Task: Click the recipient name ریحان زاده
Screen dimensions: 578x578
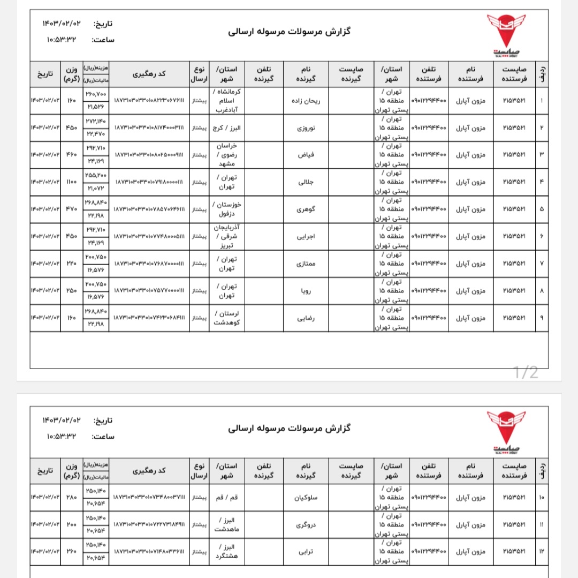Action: [x=305, y=101]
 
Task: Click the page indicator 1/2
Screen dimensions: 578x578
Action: [x=525, y=372]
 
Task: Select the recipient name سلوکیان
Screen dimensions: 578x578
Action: [x=305, y=498]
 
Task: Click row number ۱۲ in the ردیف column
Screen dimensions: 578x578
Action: [x=541, y=551]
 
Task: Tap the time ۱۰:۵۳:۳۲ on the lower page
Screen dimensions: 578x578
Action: [x=62, y=436]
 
